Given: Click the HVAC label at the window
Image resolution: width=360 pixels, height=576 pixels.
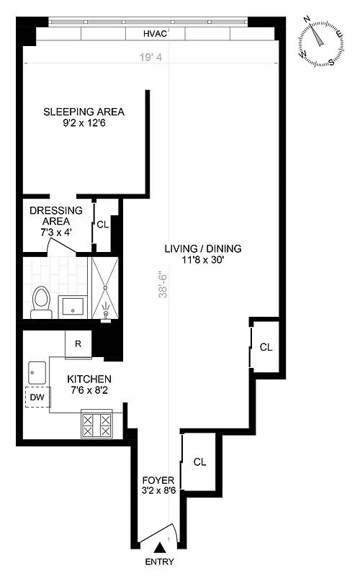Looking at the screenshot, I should tap(155, 34).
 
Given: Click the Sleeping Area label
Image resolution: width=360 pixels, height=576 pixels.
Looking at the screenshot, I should tap(84, 112).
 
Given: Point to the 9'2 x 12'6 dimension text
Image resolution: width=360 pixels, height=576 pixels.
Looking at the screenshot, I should tap(84, 124).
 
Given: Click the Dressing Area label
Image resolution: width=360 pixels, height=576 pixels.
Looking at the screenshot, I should tap(55, 215).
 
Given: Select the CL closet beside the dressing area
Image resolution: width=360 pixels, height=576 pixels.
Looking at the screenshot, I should tap(103, 224).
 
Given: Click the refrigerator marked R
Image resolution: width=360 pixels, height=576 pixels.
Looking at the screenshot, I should tap(78, 344).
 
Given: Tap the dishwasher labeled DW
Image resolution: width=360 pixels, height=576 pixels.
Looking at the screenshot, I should tap(36, 397).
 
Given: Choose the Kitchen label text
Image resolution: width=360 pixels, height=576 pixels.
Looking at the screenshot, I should tap(89, 379).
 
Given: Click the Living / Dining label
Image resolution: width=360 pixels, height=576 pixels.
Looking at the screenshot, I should tap(203, 249).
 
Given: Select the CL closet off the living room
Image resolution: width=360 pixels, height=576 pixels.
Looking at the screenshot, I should tap(266, 347).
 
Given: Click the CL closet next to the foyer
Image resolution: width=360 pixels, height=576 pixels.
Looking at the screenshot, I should tap(199, 462).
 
